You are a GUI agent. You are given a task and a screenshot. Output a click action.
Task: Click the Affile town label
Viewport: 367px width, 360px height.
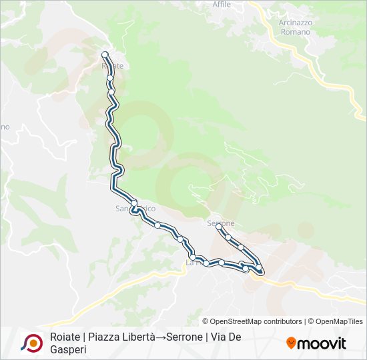[221, 4]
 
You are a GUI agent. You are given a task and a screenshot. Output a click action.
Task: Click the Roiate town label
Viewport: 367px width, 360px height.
[113, 66]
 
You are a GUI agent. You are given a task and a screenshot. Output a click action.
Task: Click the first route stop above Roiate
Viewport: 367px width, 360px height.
[105, 55]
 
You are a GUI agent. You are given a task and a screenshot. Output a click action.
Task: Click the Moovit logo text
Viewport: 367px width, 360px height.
[322, 343]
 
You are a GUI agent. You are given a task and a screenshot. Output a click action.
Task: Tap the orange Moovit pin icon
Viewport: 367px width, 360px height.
[291, 343]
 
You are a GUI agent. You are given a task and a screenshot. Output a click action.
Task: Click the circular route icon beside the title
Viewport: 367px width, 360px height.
[31, 343]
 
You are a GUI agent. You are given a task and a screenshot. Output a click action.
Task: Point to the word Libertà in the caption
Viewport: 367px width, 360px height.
[137, 337]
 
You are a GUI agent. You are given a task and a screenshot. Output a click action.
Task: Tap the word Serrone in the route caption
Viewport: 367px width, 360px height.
[182, 337]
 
